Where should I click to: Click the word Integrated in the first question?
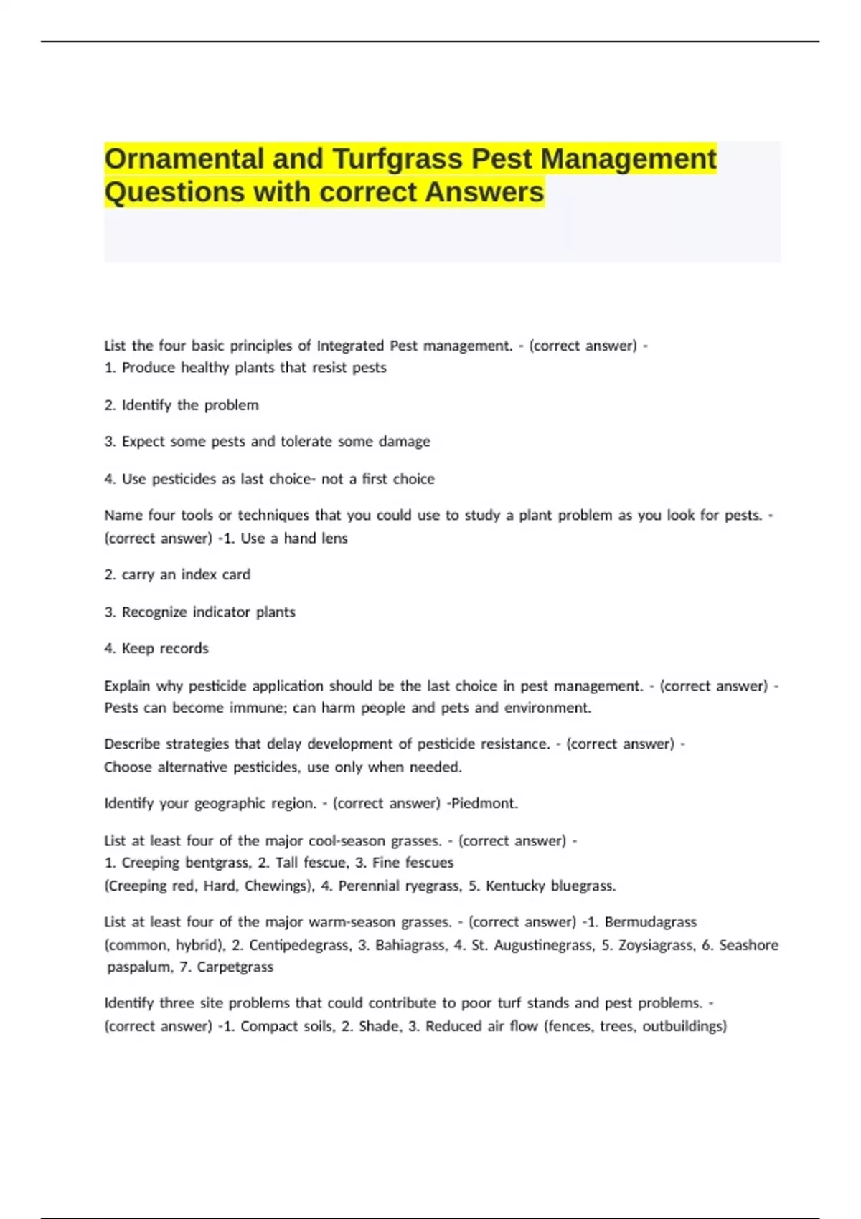pos(350,346)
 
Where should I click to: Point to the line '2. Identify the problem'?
pos(182,405)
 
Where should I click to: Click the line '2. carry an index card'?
pos(177,574)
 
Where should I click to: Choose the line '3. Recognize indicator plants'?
pos(199,612)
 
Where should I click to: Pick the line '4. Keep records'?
pos(156,648)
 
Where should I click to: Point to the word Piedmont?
pos(484,803)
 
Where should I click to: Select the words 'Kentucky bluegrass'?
pos(550,886)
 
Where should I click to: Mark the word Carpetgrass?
pos(235,967)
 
